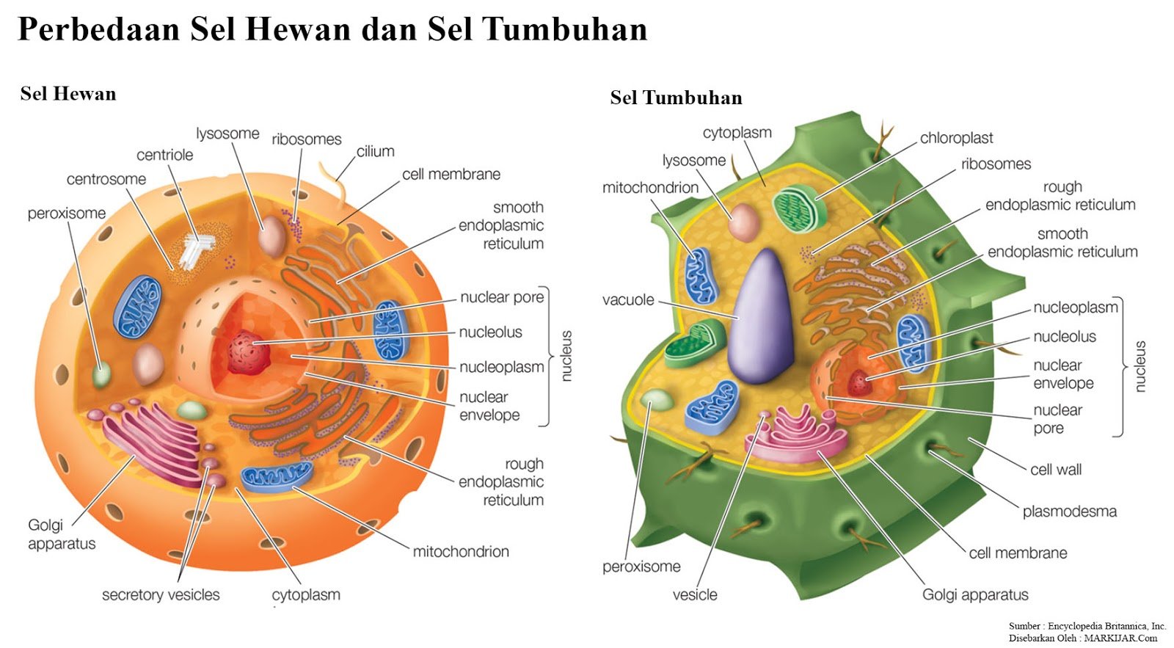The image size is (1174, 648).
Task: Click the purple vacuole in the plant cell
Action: [x=763, y=319]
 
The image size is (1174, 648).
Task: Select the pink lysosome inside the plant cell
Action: [x=743, y=222]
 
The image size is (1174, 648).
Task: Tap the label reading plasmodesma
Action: [x=1069, y=512]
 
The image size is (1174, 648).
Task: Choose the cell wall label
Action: [x=1055, y=470]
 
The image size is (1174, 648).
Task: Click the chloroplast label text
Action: [x=956, y=138]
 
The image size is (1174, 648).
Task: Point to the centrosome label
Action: [x=106, y=179]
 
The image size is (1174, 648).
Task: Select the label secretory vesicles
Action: [x=161, y=594]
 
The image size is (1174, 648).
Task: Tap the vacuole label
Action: [x=628, y=299]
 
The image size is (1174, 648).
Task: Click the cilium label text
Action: [x=376, y=151]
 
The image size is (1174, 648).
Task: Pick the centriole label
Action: [x=165, y=155]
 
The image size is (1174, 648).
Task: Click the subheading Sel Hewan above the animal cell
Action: [x=68, y=94]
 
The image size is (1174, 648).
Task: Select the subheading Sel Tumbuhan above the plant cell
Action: [x=676, y=98]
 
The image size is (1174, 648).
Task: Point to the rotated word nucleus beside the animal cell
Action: [x=566, y=356]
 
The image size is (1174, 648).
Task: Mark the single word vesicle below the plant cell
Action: [x=695, y=594]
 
